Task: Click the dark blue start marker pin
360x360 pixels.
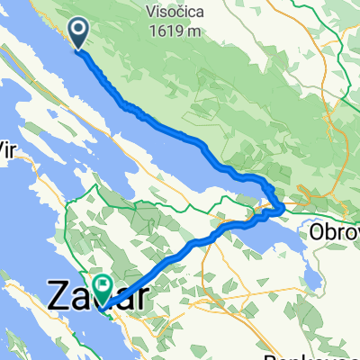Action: click(78, 34)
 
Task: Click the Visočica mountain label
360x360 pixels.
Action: click(177, 10)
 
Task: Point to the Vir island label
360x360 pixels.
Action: click(8, 145)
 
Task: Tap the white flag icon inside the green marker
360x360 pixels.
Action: click(102, 285)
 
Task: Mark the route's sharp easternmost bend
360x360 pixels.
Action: click(283, 208)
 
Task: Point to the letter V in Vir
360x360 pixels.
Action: click(3, 145)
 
